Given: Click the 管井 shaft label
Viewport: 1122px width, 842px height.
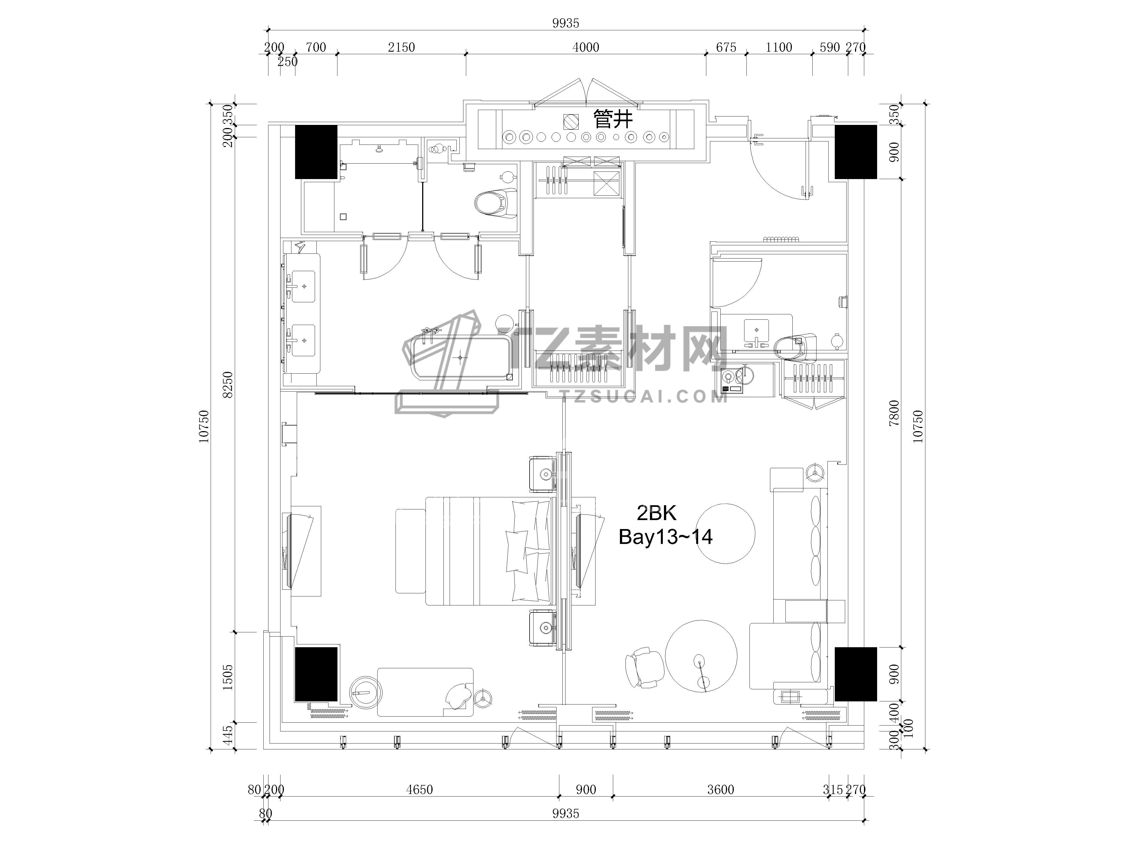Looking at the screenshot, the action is point(613,120).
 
